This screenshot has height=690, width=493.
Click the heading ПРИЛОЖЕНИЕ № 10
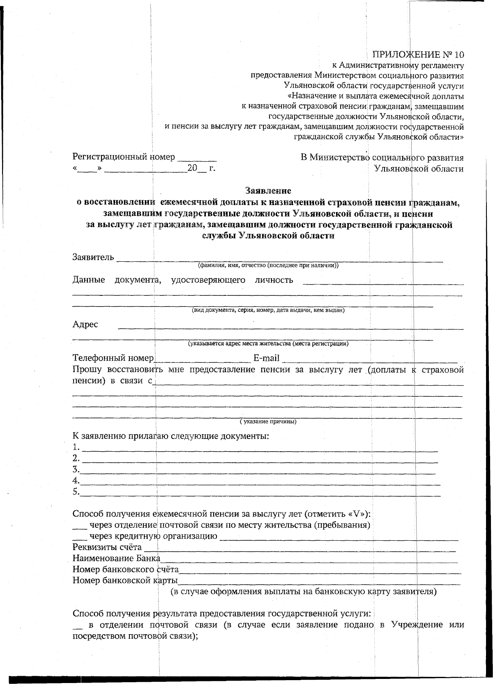[418, 55]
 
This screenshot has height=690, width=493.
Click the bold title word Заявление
[268, 190]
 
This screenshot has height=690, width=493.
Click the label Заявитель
[93, 257]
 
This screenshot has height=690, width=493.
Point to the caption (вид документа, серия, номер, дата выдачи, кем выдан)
[269, 310]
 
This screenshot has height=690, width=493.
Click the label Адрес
[85, 324]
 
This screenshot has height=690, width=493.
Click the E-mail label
[267, 359]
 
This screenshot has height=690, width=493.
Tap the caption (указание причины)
[268, 422]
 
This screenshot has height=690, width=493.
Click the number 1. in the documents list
[76, 447]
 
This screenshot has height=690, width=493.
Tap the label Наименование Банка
[116, 558]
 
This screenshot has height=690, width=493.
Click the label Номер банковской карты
[125, 580]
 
